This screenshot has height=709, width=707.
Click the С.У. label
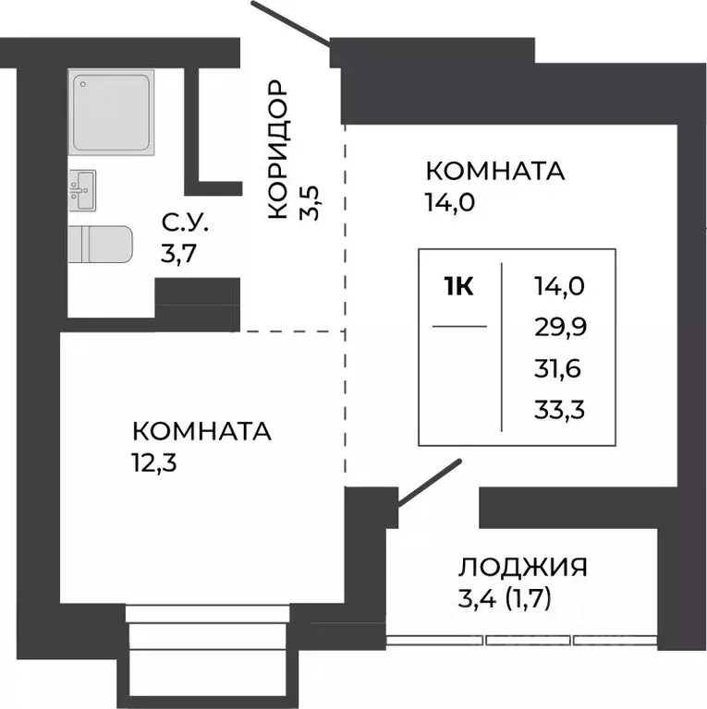186,222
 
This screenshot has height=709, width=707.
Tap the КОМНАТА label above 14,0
494,172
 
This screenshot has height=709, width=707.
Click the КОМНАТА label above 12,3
202,431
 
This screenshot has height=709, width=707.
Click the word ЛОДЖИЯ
523,566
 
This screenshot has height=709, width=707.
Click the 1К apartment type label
458,287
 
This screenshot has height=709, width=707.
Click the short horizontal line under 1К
459,326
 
